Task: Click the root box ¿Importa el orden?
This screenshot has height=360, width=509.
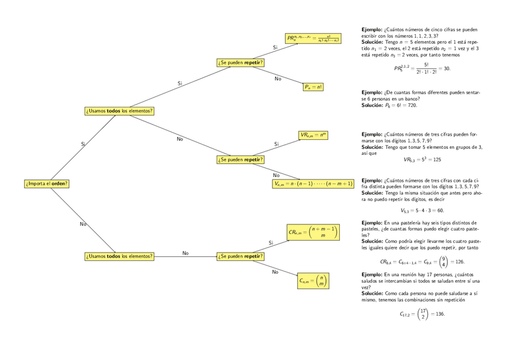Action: pos(47,183)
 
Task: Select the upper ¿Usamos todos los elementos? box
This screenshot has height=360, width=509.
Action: pos(119,110)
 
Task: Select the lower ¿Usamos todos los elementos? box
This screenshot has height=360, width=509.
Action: pos(119,256)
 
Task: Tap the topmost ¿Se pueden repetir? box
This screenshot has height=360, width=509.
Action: pos(241,62)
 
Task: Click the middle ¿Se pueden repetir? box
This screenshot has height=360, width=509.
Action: pos(241,160)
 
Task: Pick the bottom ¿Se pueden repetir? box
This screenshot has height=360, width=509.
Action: pos(241,256)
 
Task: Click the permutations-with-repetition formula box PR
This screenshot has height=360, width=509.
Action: pos(313,38)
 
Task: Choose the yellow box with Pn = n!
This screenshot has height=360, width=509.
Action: pos(313,87)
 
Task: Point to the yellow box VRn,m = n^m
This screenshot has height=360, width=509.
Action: pos(313,135)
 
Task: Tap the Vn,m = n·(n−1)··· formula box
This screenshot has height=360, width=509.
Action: pos(313,184)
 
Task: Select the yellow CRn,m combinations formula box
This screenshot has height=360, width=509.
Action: pos(313,232)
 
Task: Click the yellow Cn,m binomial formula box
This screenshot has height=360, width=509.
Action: pos(313,280)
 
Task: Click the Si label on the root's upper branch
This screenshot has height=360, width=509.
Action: pos(83,144)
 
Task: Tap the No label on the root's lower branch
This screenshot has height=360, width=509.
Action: pos(83,224)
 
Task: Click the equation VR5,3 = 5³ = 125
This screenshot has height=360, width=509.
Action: pos(422,160)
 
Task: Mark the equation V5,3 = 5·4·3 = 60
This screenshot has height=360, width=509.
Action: pos(422,211)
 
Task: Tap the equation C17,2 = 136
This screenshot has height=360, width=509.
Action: pos(422,314)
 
